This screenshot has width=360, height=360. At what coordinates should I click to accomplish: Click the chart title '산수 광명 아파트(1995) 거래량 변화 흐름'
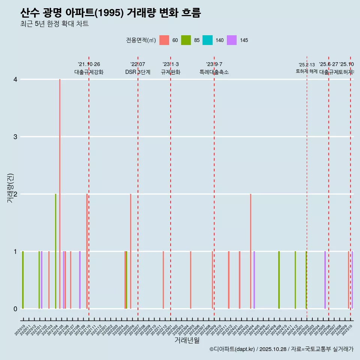111,13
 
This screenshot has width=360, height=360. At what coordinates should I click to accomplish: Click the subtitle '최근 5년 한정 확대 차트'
54,24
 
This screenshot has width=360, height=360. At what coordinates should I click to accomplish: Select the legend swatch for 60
164,40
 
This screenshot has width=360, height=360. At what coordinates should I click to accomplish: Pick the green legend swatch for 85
186,40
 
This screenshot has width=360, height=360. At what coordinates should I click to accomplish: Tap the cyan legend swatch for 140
207,40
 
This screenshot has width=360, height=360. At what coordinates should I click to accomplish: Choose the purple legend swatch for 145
232,40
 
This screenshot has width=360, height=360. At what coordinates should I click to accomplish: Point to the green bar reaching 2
55,251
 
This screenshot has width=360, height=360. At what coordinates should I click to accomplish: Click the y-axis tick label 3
15,137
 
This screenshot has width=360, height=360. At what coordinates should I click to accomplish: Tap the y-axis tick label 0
15,309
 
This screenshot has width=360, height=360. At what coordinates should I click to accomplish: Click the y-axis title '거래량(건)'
10,188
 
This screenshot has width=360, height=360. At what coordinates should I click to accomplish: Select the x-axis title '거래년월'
187,340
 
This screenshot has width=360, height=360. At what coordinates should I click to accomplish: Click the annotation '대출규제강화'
89,72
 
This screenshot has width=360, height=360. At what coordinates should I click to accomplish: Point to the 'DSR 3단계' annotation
138,72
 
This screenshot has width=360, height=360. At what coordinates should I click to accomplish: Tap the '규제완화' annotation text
171,72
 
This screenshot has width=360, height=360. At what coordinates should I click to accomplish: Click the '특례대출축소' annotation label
214,72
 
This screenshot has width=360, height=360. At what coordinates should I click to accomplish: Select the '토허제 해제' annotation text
307,71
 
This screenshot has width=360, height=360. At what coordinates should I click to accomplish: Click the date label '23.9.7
214,64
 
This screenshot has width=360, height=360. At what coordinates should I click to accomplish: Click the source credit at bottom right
281,349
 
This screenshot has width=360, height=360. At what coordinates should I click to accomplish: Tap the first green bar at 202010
23,280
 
